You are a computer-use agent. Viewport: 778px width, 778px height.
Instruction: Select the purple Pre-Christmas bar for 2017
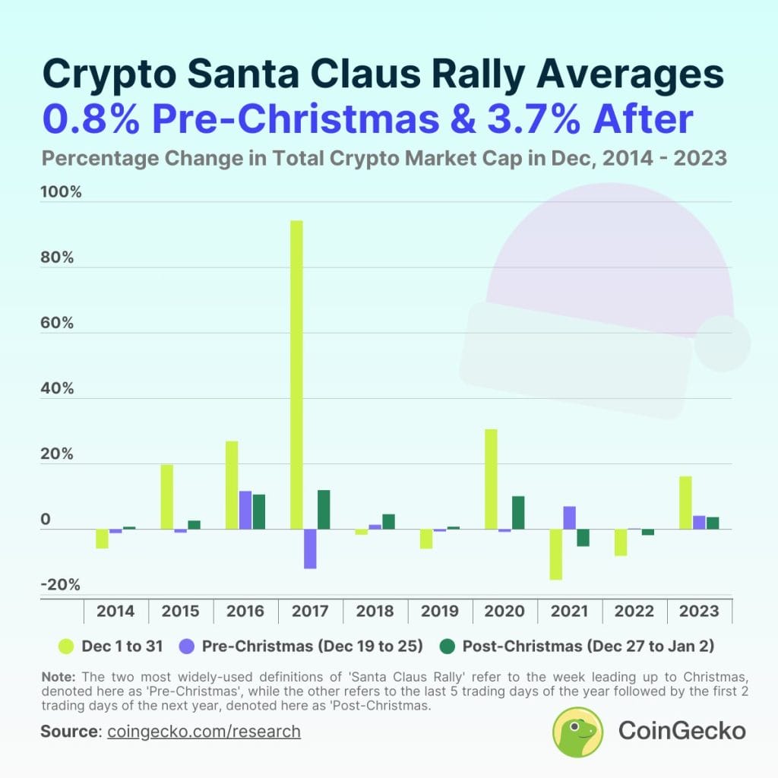310,549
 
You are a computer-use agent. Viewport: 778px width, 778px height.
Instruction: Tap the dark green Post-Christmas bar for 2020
518,513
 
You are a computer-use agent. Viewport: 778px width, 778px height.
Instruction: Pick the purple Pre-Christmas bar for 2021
569,517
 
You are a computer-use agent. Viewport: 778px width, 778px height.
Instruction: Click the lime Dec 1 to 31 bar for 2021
555,555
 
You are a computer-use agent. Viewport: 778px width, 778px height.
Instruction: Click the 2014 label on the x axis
115,612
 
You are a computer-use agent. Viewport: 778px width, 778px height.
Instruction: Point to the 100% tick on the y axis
61,191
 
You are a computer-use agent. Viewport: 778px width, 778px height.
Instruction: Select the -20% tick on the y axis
61,585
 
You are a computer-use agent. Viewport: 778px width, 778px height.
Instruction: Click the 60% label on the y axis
58,323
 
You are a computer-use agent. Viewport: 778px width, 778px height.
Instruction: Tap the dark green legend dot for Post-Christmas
448,646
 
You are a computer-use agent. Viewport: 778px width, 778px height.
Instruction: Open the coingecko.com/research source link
204,732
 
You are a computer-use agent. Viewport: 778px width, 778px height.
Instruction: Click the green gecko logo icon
578,732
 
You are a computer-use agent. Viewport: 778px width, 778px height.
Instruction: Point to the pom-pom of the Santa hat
722,343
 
